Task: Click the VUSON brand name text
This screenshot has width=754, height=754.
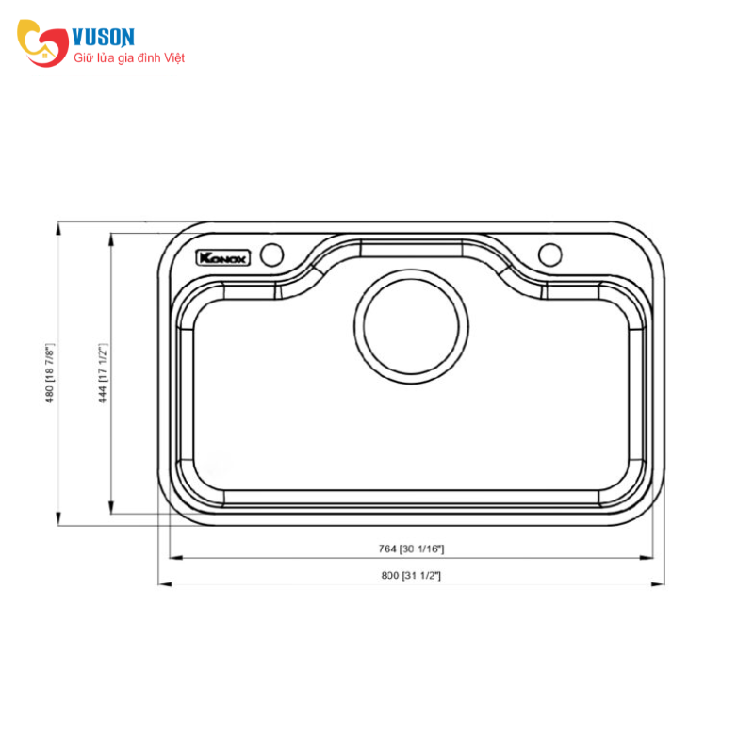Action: click(x=105, y=38)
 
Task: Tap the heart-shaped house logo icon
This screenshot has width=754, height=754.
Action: click(x=43, y=42)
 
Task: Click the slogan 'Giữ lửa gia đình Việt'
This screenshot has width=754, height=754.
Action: click(x=129, y=58)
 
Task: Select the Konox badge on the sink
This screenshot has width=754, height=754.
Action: click(x=221, y=256)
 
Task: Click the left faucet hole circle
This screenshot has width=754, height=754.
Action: click(x=272, y=254)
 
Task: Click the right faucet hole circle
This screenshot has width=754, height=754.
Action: click(x=549, y=254)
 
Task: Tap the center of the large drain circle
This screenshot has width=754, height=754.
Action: click(x=411, y=323)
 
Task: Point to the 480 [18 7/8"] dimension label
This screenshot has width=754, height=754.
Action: click(x=51, y=373)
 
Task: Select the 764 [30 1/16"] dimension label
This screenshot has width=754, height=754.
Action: click(x=411, y=549)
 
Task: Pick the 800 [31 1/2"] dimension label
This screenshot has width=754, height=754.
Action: click(x=411, y=575)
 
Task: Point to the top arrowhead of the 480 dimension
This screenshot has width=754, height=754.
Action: click(x=59, y=227)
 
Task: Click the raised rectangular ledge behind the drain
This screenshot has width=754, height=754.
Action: click(x=411, y=247)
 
